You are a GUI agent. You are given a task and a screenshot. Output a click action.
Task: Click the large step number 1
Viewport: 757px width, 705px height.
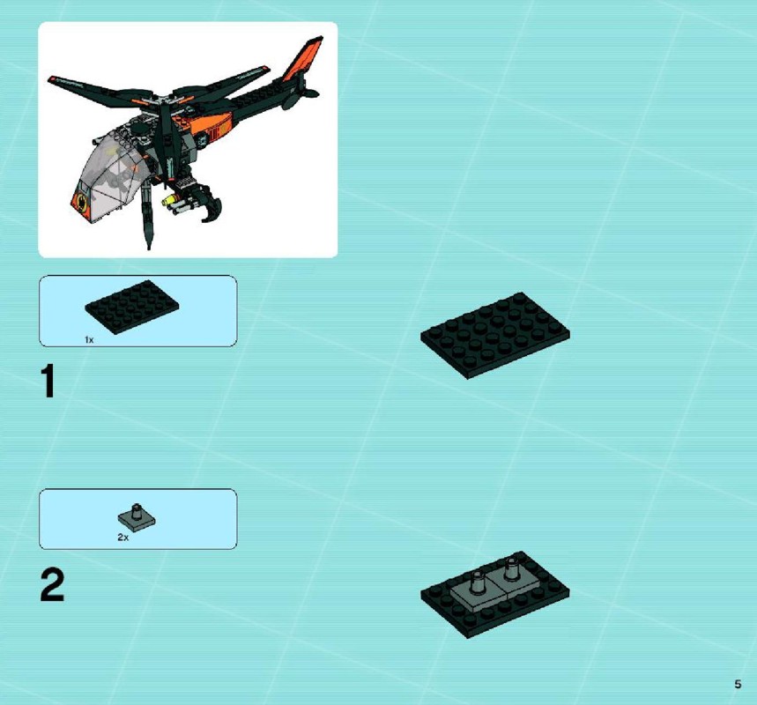click(48, 381)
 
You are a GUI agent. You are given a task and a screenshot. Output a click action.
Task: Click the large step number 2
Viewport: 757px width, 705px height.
click(52, 584)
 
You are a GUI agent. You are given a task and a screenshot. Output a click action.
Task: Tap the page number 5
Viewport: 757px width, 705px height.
click(738, 684)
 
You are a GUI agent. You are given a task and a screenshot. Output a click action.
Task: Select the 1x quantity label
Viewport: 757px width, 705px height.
click(89, 340)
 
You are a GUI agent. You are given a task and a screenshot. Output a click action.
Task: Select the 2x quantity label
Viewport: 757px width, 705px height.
click(123, 537)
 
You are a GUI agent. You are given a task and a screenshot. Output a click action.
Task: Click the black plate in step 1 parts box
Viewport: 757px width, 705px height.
click(132, 307)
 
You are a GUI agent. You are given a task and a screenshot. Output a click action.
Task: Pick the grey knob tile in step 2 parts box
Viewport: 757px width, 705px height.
click(137, 518)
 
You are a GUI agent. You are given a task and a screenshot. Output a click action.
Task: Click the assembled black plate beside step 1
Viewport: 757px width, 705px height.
click(495, 335)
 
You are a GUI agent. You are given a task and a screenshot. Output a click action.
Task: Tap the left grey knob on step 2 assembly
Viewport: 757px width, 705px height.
click(478, 581)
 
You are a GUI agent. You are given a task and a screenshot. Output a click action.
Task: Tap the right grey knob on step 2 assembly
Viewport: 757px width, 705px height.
click(511, 568)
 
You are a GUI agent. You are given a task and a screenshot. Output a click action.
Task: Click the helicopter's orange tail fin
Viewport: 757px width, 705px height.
click(302, 59)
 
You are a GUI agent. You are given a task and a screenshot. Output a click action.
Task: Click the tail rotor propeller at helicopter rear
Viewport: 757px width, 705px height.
click(296, 94)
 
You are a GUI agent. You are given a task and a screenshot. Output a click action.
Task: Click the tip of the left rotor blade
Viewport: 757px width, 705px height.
click(49, 78)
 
